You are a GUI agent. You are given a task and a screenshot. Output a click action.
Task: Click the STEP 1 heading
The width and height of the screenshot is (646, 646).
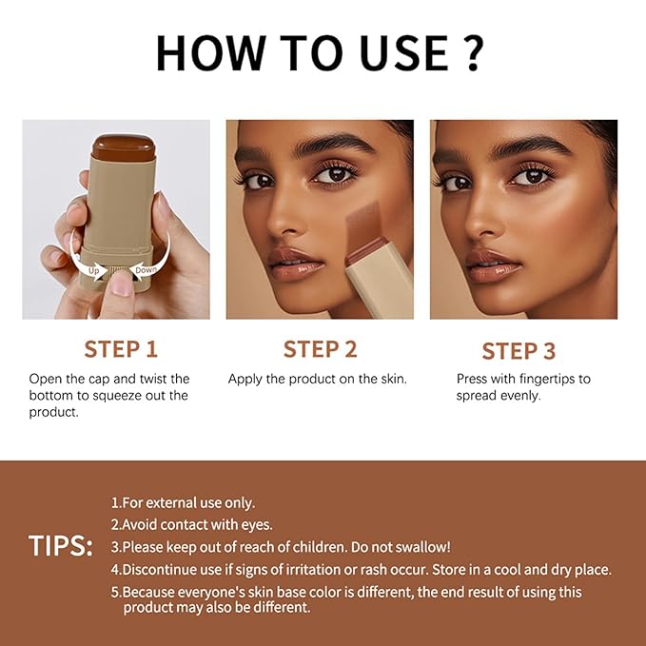pyautogui.click(x=121, y=349)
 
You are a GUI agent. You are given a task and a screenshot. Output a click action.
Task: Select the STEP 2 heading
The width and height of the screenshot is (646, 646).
pyautogui.click(x=320, y=349)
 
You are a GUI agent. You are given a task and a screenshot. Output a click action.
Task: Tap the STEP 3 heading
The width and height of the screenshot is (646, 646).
pyautogui.click(x=519, y=351)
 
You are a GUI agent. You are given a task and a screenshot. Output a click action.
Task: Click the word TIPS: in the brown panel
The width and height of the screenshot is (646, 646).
pyautogui.click(x=61, y=546)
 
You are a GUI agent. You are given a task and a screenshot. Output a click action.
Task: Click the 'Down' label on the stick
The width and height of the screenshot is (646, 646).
pyautogui.click(x=147, y=269)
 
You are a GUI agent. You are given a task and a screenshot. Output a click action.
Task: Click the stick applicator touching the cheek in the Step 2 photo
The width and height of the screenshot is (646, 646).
pyautogui.click(x=377, y=257)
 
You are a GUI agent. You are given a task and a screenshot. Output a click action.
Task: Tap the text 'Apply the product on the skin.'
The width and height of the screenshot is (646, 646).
pyautogui.click(x=318, y=379)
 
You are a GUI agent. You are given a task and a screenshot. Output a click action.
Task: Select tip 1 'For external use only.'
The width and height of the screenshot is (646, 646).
pyautogui.click(x=183, y=502)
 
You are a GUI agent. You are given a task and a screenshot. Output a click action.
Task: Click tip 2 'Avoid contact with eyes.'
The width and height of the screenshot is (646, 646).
pyautogui.click(x=191, y=524)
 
